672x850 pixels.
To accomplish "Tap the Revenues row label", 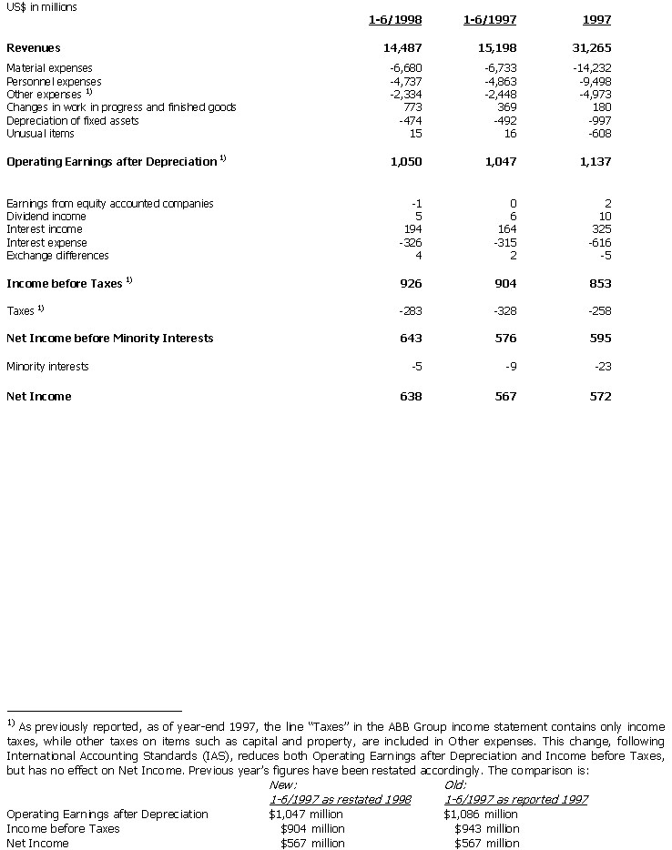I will pyautogui.click(x=34, y=47).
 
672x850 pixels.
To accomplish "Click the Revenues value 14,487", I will pyautogui.click(x=402, y=47).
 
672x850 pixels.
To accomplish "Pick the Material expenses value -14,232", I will pyautogui.click(x=592, y=67).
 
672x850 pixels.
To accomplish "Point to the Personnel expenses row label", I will pyautogui.click(x=54, y=81).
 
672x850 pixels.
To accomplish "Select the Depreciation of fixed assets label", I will pyautogui.click(x=72, y=121).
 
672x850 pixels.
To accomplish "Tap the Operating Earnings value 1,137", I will pyautogui.click(x=593, y=161).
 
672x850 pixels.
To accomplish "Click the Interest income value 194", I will pyautogui.click(x=412, y=229).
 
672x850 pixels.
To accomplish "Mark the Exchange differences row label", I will pyautogui.click(x=57, y=256).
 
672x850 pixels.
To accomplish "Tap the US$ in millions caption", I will pyautogui.click(x=41, y=6).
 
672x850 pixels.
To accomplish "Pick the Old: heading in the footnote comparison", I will pyautogui.click(x=454, y=784).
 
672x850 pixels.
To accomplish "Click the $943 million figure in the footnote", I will pyautogui.click(x=486, y=828).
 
